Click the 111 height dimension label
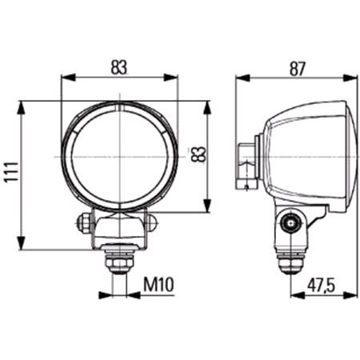(x=11, y=171)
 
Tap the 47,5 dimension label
(x=321, y=286)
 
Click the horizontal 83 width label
(x=119, y=67)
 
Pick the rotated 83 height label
(x=198, y=154)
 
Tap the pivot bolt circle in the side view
(x=290, y=223)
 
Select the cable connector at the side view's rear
(x=246, y=166)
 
